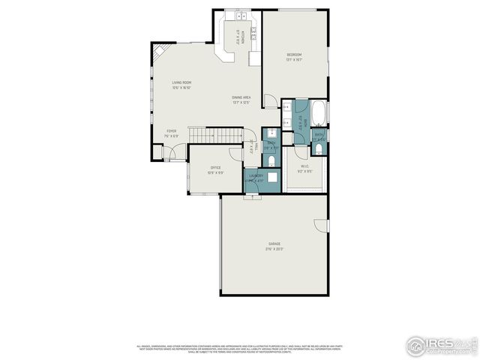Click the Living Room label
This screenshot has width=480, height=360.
pos(181,82)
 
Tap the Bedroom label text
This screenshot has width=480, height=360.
pos(294,55)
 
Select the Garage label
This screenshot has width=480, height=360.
pos(275,244)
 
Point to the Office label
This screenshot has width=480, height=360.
pos(214,167)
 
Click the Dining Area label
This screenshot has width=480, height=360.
pos(241,97)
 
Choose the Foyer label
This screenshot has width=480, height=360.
pos(172,130)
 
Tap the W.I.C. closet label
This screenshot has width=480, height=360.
pos(305,166)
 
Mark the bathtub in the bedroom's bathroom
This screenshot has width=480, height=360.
pos(319,113)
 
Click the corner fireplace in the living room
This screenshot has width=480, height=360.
pos(158,55)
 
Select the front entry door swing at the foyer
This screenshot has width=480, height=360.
pos(172,152)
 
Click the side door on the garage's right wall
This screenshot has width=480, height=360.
pos(322,224)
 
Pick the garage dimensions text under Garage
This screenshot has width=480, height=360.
pos(275,249)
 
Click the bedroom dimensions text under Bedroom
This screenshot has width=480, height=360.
pos(294,60)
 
